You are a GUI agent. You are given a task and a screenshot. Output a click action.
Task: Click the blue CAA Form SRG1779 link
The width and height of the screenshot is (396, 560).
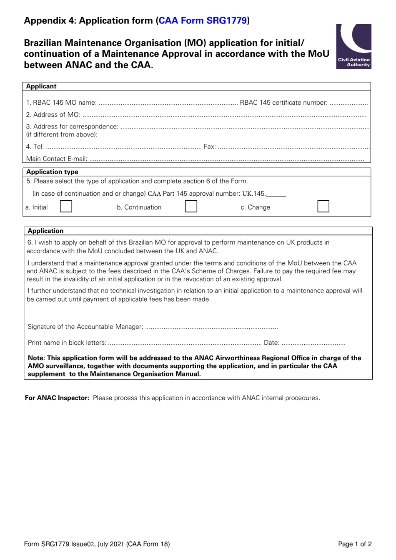point(203,20)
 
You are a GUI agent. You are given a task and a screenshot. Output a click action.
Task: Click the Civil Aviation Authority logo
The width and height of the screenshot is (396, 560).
point(353,46)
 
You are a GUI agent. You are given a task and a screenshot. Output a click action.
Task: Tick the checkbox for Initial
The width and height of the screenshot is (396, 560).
point(66,207)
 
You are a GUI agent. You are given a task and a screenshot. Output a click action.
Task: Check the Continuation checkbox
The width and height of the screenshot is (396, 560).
point(191,207)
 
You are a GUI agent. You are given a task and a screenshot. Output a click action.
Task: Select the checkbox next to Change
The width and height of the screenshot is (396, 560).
point(323,207)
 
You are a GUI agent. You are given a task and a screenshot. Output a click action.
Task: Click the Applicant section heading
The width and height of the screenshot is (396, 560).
point(41,86)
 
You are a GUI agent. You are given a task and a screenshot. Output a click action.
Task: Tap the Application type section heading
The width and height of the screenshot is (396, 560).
point(52,172)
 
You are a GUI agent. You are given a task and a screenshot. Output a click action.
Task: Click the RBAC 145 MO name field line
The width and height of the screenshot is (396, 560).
point(168,103)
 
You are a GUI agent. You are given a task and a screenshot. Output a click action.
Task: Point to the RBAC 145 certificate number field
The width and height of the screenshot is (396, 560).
point(348,103)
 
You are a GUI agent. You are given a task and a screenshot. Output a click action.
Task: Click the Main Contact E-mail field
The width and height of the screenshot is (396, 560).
point(226,159)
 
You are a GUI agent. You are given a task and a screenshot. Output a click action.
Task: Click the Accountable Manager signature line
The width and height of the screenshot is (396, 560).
point(211,327)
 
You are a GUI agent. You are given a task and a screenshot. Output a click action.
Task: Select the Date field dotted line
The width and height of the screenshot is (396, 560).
point(313,343)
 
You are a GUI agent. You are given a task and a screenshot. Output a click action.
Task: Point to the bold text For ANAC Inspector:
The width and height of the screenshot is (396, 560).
point(57,398)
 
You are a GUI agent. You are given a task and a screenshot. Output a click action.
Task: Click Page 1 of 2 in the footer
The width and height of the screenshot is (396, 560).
point(355,544)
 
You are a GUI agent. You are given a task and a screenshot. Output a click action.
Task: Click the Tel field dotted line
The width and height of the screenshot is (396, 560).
point(123,147)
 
